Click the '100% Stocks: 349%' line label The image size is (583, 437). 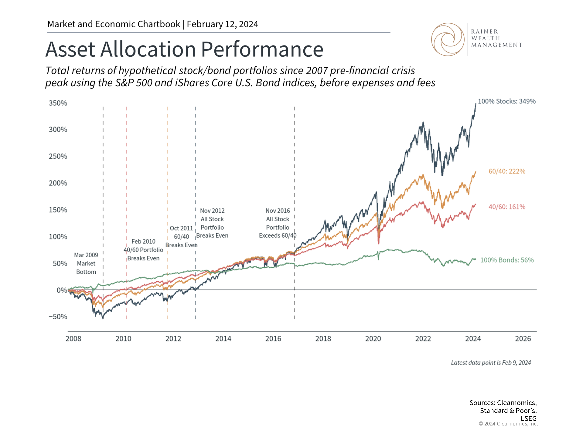click(506, 101)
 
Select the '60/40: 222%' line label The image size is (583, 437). click(507, 171)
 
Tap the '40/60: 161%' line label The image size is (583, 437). click(507, 207)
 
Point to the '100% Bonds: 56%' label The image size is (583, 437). click(507, 260)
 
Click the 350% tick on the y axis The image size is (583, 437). click(58, 103)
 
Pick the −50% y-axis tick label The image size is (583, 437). click(58, 317)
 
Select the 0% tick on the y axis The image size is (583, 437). click(62, 290)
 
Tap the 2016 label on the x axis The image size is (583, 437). click(273, 339)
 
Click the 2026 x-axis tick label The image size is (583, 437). click(523, 339)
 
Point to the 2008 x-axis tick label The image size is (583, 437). click(73, 339)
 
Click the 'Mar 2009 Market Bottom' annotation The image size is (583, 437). click(86, 263)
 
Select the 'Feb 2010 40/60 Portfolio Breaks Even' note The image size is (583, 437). click(143, 250)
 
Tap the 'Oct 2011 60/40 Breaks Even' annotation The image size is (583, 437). click(181, 237)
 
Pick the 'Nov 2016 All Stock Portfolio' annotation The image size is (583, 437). click(278, 223)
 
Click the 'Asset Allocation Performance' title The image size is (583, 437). click(184, 49)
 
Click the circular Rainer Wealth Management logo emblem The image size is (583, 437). click(448, 39)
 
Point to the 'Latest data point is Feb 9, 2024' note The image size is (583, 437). click(491, 363)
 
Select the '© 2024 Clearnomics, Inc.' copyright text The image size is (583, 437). click(508, 424)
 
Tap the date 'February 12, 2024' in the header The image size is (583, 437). click(223, 24)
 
